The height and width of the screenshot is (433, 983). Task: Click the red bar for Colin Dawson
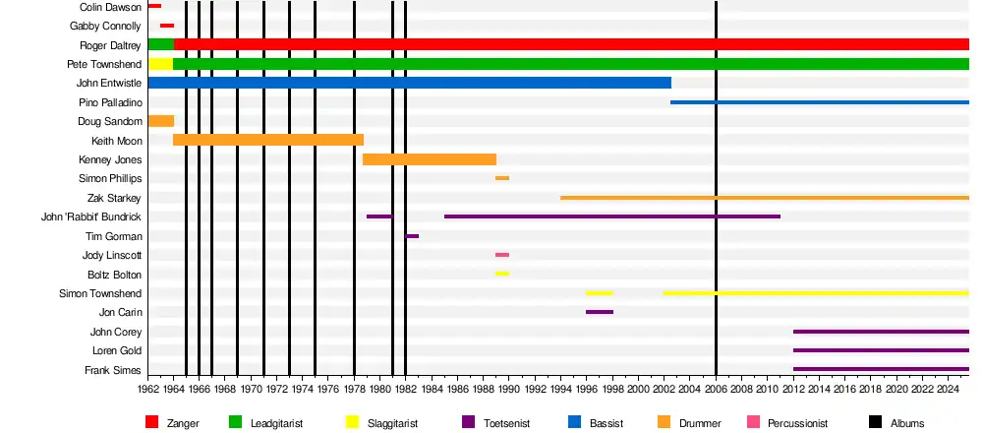[154, 6]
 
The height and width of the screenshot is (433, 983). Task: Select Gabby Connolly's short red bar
[167, 26]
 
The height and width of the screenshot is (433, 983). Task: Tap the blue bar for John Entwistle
[409, 83]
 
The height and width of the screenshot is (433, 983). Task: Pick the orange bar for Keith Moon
[268, 140]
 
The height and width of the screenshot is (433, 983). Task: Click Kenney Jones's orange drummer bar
[430, 159]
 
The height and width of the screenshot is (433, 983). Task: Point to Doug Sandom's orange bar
[160, 121]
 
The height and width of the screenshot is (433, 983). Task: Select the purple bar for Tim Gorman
[412, 236]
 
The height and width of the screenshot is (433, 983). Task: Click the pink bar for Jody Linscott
[501, 255]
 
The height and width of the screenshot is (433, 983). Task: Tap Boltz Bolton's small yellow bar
[501, 274]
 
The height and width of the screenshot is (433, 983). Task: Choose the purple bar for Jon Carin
[599, 312]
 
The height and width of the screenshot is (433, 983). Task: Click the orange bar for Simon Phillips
[501, 178]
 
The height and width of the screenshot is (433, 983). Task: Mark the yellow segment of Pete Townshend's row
[160, 64]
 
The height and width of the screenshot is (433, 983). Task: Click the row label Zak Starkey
[115, 198]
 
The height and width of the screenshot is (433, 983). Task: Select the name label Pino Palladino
[110, 102]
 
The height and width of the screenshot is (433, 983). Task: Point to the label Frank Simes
[115, 370]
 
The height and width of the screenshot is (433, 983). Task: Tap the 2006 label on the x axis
[716, 389]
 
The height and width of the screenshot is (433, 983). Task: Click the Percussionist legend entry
[796, 422]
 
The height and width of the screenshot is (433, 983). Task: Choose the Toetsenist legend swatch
[469, 422]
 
